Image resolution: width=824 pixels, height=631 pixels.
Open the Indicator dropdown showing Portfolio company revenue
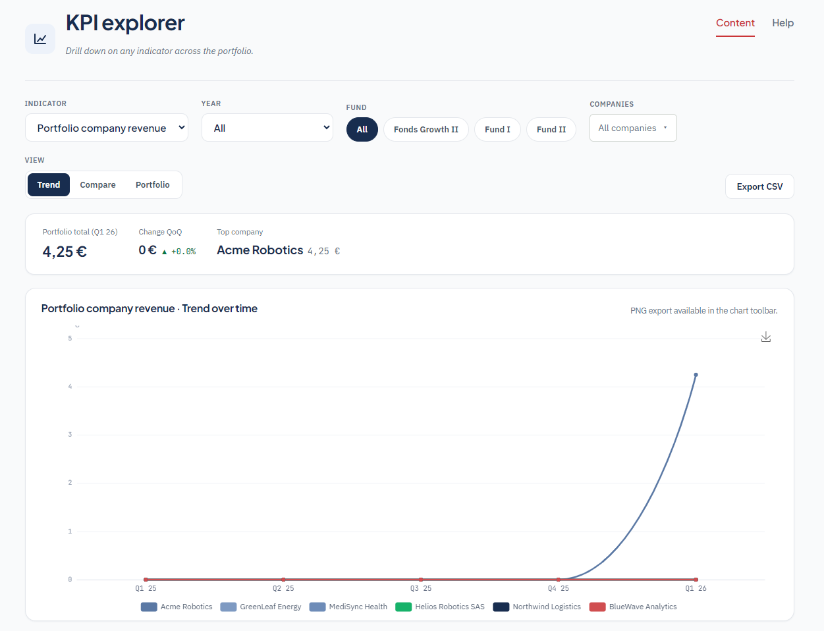click(x=107, y=128)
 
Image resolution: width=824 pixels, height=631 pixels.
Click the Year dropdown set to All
click(x=267, y=128)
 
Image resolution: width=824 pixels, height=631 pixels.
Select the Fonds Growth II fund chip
click(x=426, y=129)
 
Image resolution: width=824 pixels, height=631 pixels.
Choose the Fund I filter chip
click(x=497, y=129)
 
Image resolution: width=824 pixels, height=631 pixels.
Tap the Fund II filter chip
click(x=551, y=129)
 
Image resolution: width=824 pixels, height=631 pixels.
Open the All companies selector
click(x=633, y=128)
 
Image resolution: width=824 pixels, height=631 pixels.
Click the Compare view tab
click(x=97, y=184)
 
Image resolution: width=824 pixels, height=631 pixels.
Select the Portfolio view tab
click(x=152, y=184)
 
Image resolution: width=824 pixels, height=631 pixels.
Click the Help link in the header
click(x=783, y=23)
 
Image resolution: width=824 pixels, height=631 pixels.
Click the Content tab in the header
click(x=735, y=23)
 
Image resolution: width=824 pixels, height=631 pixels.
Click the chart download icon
click(x=765, y=337)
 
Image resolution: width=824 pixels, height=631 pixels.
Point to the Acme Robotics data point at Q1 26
click(x=696, y=375)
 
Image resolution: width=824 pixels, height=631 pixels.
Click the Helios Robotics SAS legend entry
click(x=440, y=607)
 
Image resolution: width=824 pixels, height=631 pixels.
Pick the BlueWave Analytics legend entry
click(x=633, y=607)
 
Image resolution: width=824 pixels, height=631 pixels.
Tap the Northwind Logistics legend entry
click(x=537, y=607)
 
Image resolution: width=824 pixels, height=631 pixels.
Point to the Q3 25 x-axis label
click(x=420, y=588)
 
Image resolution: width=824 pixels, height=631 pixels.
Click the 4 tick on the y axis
click(x=70, y=387)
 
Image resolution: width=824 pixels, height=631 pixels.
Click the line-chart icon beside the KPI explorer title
click(x=40, y=39)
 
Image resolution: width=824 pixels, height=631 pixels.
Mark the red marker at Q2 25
click(x=283, y=580)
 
